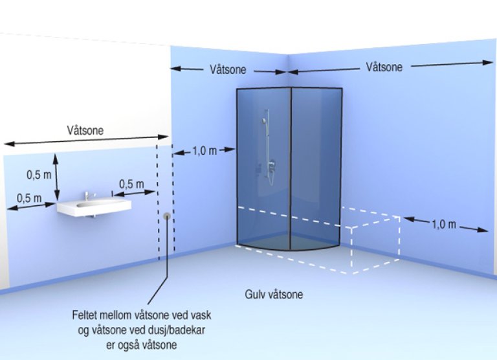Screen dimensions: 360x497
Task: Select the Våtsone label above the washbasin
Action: coord(85,130)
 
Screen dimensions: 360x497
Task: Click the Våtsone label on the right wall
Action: coord(384,67)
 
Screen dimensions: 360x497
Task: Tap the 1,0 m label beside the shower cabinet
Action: coord(204,151)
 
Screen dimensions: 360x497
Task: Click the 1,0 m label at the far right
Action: coord(445,225)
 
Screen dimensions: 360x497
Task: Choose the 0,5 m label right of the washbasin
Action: coord(131,184)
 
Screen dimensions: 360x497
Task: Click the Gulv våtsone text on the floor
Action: coord(274,295)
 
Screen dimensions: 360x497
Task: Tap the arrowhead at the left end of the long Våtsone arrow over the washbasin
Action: coord(8,142)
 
